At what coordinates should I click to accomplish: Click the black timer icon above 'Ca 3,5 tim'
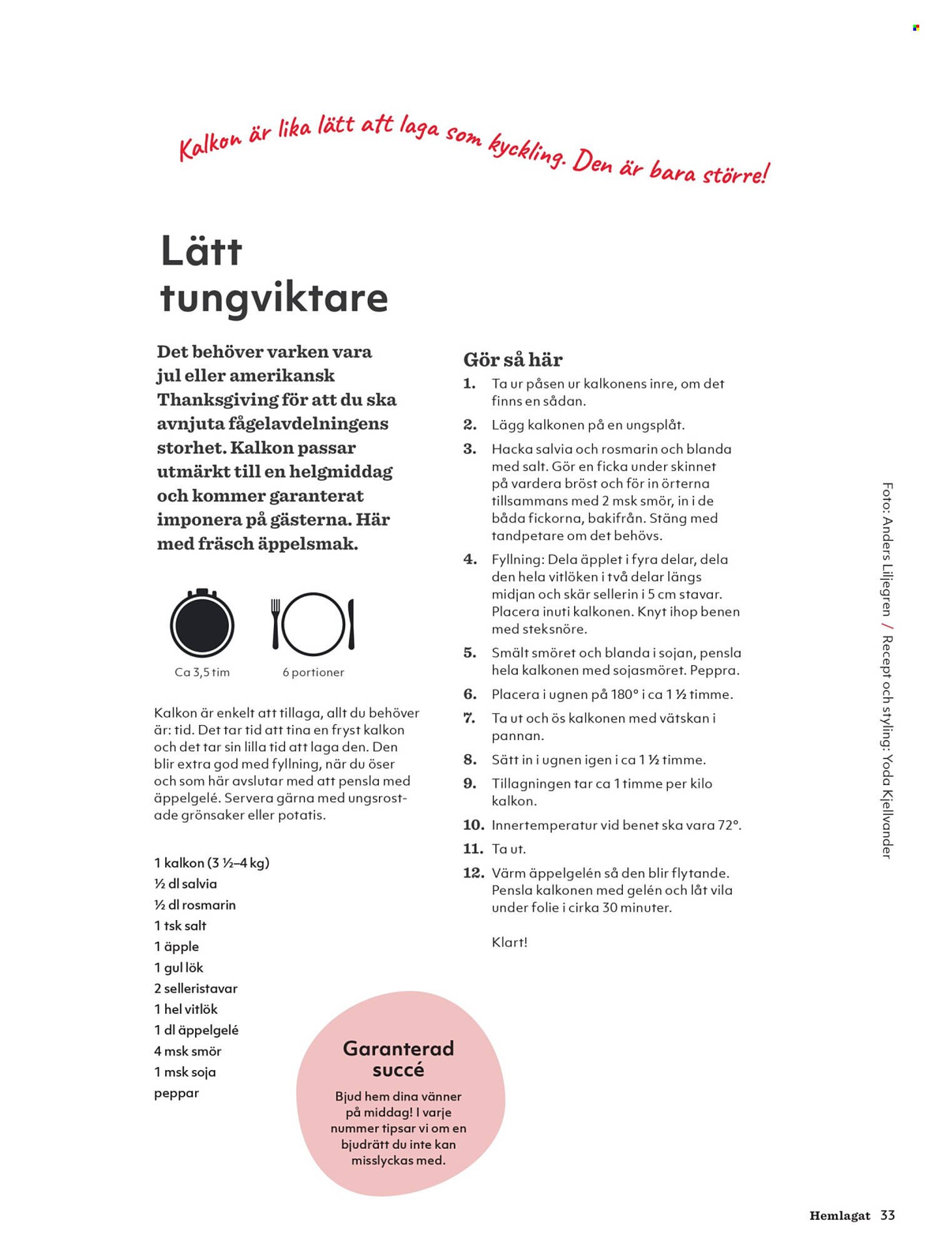point(202,624)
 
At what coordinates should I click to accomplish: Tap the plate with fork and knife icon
point(313,624)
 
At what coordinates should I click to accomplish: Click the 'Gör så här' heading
point(513,360)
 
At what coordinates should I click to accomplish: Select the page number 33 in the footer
point(887,1215)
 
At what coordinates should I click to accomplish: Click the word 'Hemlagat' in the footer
point(840,1216)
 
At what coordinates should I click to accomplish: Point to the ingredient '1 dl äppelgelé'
point(196,1030)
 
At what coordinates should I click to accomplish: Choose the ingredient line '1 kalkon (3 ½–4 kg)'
point(211,863)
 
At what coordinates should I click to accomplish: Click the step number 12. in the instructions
point(473,873)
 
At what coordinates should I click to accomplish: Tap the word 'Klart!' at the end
point(510,942)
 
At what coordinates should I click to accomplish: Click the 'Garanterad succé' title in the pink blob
point(398,1059)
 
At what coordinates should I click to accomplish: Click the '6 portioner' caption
point(313,672)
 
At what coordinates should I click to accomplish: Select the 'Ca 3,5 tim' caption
point(202,672)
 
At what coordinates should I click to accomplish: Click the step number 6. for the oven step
point(470,694)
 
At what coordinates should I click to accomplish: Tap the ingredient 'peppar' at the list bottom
point(176,1093)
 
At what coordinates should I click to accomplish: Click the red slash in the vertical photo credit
point(887,626)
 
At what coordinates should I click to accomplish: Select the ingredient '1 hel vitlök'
point(186,1009)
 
